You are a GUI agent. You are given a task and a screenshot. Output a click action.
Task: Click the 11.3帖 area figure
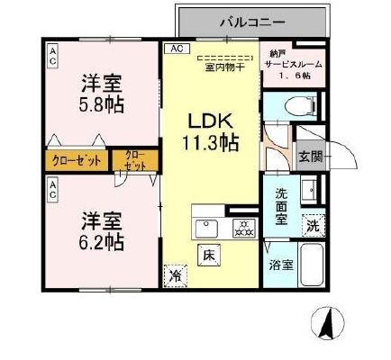point(212,141)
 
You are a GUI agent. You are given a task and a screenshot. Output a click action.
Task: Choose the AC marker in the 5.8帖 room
point(53,57)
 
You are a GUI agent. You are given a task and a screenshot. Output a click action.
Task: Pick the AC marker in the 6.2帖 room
point(53,189)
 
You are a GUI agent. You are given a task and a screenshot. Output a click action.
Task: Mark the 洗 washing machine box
point(311,226)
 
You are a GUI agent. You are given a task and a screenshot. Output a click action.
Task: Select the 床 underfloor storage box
point(207,254)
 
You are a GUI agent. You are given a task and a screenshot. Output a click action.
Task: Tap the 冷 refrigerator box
point(174,276)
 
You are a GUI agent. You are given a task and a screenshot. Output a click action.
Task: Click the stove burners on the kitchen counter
point(241,227)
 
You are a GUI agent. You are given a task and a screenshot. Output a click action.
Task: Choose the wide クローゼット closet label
point(76,163)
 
